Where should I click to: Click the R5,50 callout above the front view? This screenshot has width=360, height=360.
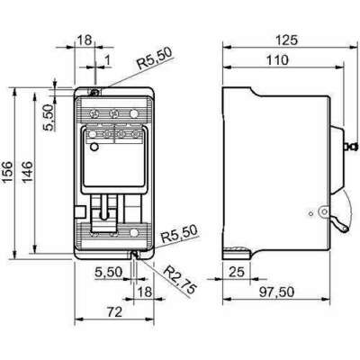151,64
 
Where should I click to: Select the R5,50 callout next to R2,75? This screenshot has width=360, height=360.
177,238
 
